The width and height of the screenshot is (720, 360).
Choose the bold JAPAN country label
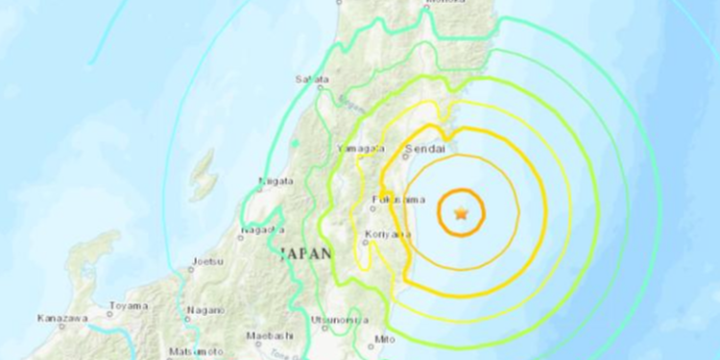click(303, 254)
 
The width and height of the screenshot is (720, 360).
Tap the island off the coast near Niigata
click(203, 176)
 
